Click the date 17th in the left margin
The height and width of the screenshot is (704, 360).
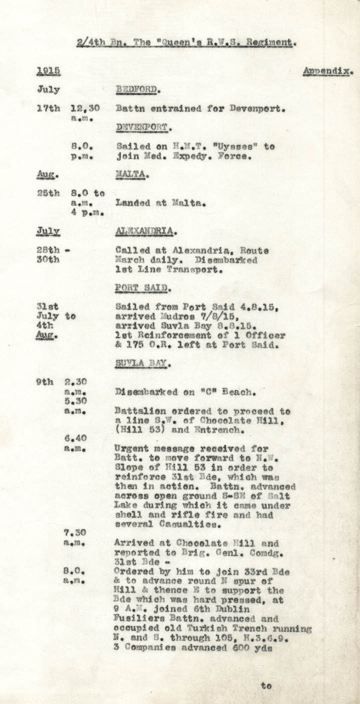48,108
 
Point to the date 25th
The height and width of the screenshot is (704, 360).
48,193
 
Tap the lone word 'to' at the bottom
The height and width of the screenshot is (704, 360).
266,686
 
